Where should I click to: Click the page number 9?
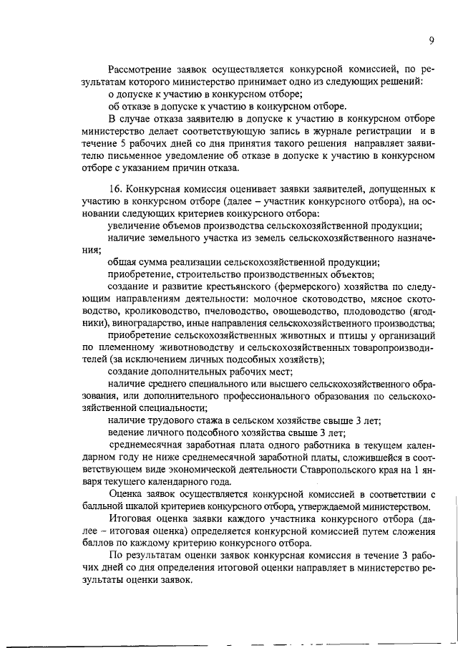(432, 41)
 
